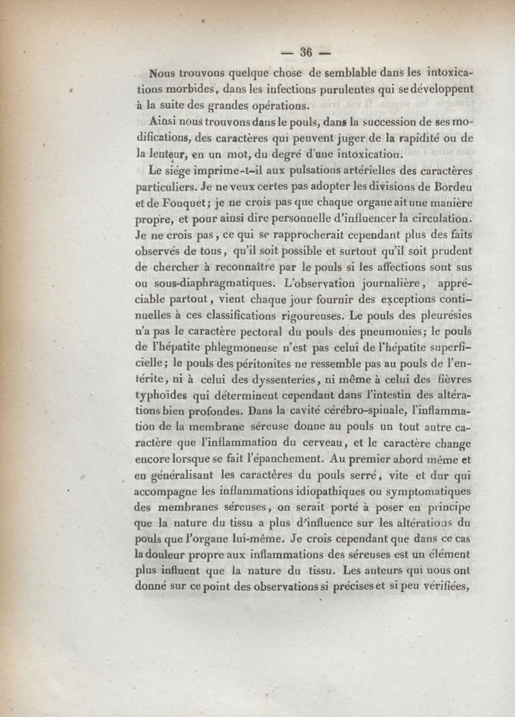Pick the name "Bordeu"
(454, 187)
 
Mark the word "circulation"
(442, 221)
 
